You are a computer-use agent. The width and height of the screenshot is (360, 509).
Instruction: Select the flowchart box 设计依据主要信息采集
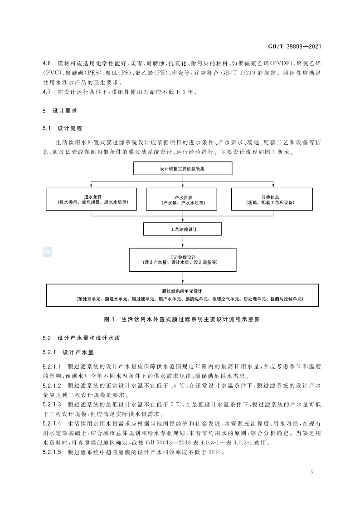click(x=182, y=168)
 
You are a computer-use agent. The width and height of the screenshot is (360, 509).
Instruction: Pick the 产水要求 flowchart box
click(x=182, y=200)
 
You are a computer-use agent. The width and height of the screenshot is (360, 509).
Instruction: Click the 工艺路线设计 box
click(x=182, y=230)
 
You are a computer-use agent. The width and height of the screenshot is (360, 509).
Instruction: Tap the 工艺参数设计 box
click(x=182, y=259)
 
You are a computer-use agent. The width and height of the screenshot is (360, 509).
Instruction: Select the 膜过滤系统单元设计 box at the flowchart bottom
click(x=182, y=294)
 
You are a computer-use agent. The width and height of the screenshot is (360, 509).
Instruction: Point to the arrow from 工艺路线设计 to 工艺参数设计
click(x=182, y=242)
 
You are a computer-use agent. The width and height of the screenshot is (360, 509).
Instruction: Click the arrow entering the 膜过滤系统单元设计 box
click(x=182, y=277)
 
